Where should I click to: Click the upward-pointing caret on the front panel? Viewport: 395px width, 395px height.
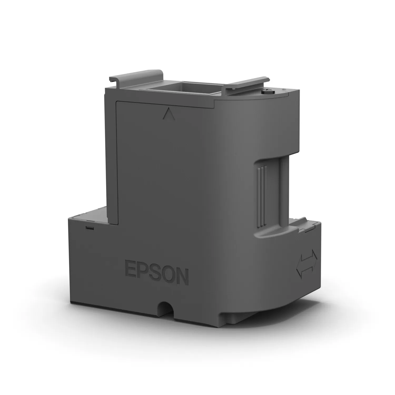pyautogui.click(x=169, y=115)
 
